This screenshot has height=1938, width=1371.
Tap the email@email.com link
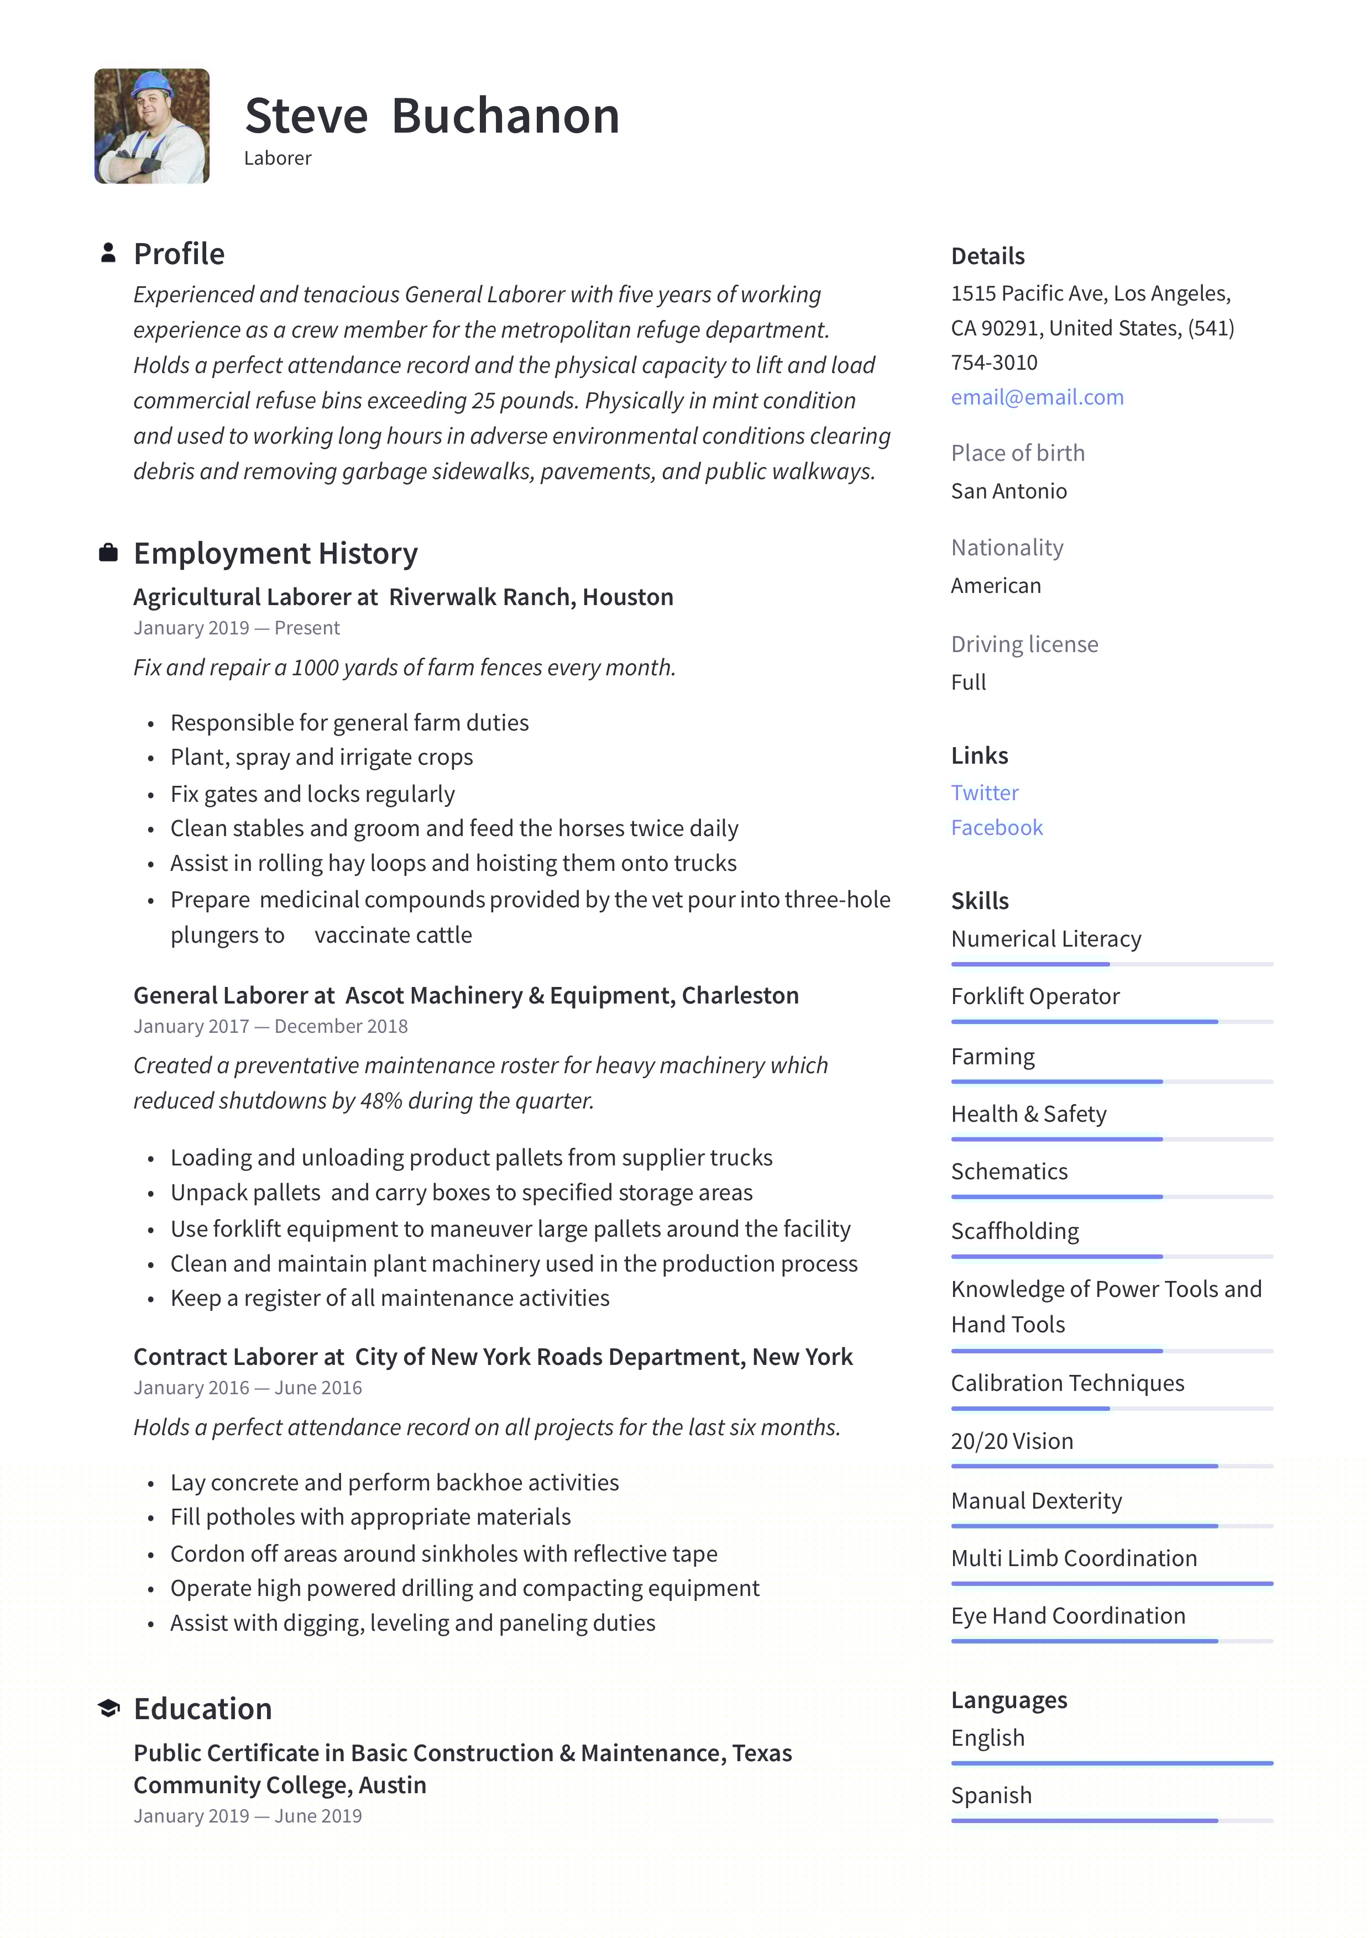click(x=1037, y=397)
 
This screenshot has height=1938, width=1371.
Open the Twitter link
click(x=985, y=792)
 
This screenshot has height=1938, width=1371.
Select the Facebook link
click(x=996, y=828)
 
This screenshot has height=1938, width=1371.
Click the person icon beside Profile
click(x=108, y=253)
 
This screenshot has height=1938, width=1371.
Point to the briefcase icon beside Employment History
click(x=108, y=553)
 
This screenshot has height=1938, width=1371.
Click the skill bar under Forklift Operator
click(x=1111, y=1022)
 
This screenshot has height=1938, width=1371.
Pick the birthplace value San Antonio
click(x=1008, y=491)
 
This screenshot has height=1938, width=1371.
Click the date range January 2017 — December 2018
click(x=270, y=1026)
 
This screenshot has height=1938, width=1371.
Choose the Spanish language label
click(x=991, y=1795)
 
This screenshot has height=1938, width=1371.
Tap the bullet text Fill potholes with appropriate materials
click(x=370, y=1517)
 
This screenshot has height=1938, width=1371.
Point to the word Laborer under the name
click(x=278, y=159)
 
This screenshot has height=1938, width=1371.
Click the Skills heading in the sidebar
click(x=979, y=901)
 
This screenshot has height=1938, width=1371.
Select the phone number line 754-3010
click(x=993, y=363)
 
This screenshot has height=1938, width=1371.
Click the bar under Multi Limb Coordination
click(x=1111, y=1583)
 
